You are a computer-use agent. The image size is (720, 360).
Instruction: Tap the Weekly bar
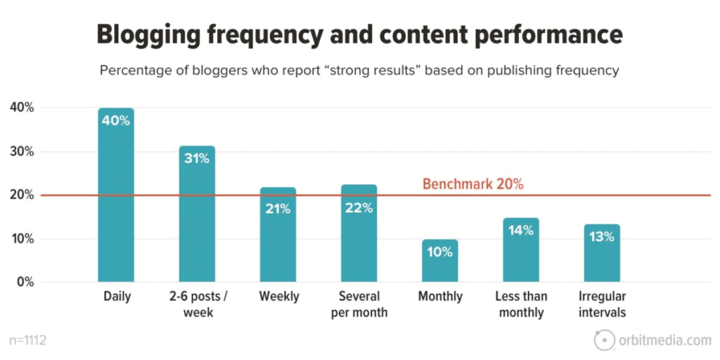pyautogui.click(x=278, y=235)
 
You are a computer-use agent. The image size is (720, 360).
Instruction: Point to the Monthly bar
pyautogui.click(x=440, y=261)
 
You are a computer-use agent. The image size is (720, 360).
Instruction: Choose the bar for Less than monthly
pyautogui.click(x=521, y=250)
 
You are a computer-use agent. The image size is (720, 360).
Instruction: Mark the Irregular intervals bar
pyautogui.click(x=602, y=253)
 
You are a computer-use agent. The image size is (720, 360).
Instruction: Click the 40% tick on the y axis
pyautogui.click(x=22, y=108)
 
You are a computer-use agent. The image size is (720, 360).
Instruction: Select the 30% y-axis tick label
pyautogui.click(x=22, y=152)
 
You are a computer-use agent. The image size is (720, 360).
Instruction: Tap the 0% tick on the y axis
pyautogui.click(x=25, y=282)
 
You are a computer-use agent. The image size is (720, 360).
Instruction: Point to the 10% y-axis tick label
pyautogui.click(x=22, y=239)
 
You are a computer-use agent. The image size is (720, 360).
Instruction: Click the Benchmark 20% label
pyautogui.click(x=472, y=184)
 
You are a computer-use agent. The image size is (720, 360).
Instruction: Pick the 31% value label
pyautogui.click(x=197, y=158)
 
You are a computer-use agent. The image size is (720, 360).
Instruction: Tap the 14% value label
pyautogui.click(x=521, y=229)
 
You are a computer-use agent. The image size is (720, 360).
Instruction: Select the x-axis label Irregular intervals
pyautogui.click(x=602, y=304)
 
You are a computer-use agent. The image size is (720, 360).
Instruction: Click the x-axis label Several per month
pyautogui.click(x=359, y=304)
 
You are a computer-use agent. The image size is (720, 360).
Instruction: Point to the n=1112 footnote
pyautogui.click(x=27, y=341)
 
